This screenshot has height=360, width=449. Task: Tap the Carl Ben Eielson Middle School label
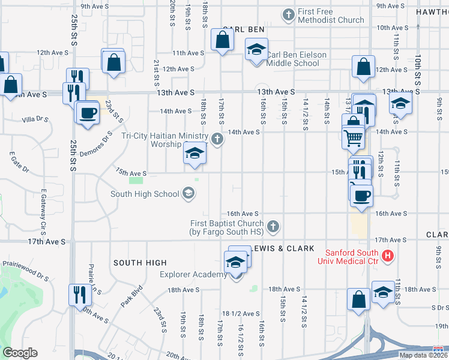coord(297,59)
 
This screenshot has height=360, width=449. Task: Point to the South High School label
coord(145,194)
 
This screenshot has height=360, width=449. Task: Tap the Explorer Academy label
coord(193,275)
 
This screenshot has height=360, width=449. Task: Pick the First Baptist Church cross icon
coord(273,226)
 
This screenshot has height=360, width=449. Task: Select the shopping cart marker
coord(354,138)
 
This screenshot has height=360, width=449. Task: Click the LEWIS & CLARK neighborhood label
coord(285,248)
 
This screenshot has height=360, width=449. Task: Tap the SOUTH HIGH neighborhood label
coord(139,263)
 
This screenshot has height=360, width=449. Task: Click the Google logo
coord(20,353)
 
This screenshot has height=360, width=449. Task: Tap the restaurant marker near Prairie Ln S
coord(77,295)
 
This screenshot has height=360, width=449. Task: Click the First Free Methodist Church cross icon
coord(289,14)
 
